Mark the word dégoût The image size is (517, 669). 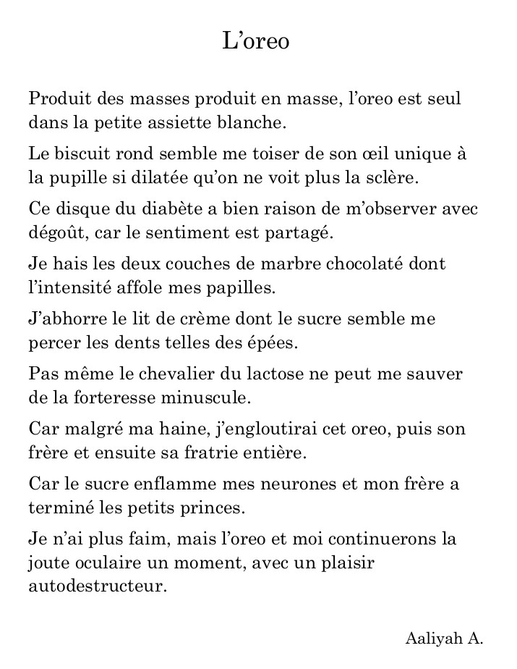click(55, 232)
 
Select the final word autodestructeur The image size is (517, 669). click(98, 586)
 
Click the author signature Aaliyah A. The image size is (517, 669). click(443, 639)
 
